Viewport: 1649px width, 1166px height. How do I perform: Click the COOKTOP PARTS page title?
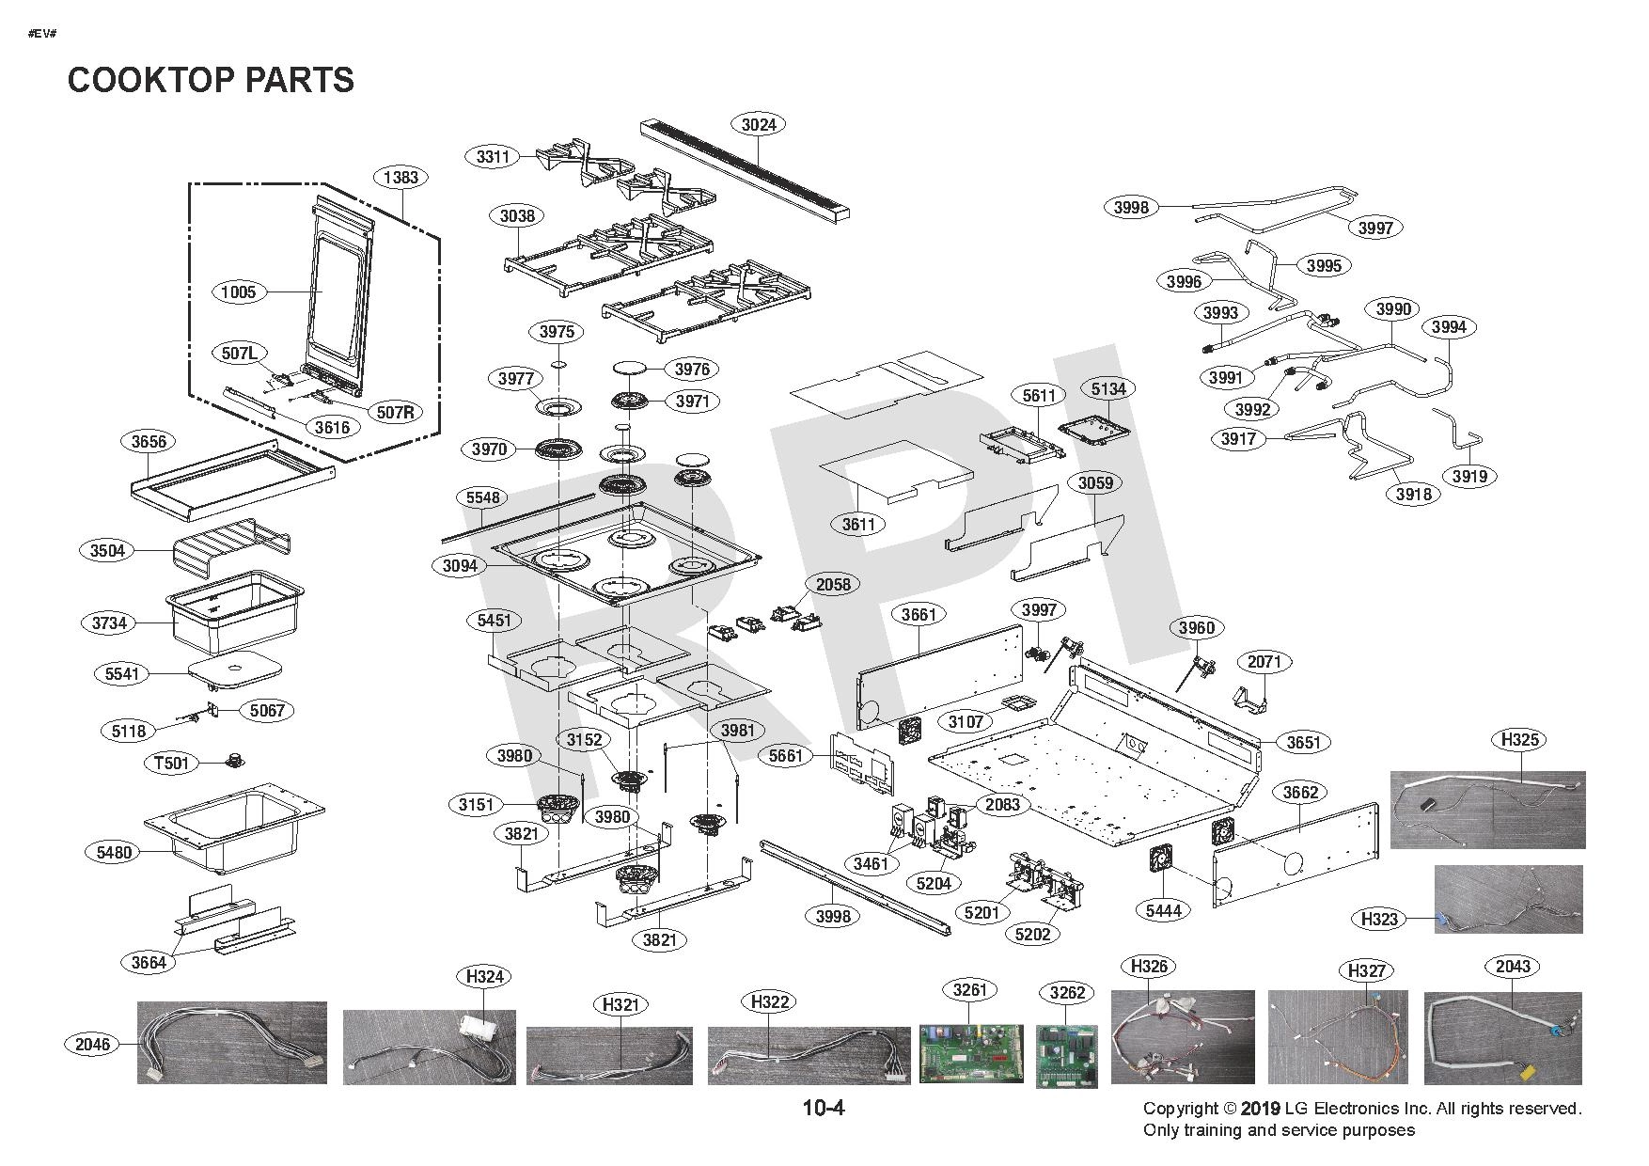[211, 80]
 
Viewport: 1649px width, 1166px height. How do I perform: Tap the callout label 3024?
[759, 125]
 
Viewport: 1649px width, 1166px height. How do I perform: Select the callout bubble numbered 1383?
[400, 178]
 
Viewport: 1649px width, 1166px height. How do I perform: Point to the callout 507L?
[239, 354]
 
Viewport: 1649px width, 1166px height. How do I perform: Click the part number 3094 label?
[460, 566]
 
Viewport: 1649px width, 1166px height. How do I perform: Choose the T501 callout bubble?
[171, 763]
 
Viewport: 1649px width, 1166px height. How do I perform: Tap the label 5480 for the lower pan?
[114, 853]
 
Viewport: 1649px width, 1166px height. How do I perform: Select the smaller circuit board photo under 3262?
[1067, 1056]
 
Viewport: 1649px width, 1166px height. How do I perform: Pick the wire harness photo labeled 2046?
[232, 1043]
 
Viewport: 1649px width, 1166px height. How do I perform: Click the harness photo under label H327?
[1338, 1037]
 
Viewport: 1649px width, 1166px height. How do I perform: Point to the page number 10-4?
[824, 1109]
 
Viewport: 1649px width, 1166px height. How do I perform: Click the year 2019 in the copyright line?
[1260, 1110]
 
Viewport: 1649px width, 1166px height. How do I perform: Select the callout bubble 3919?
[1469, 477]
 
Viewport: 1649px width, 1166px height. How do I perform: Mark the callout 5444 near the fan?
[1163, 910]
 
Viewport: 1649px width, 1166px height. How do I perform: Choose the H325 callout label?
[1520, 740]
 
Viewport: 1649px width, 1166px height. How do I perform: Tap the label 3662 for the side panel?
[1301, 793]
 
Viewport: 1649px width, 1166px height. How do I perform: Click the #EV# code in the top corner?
[43, 34]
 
